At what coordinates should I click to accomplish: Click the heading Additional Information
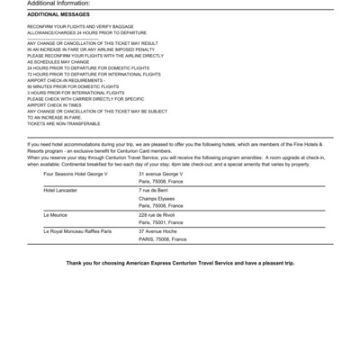pos(54,4)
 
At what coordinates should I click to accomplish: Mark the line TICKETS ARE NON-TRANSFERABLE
pos(65,123)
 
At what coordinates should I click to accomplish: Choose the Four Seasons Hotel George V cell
pos(76,173)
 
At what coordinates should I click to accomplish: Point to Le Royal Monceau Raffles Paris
pos(78,232)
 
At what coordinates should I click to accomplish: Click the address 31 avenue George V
pos(160,173)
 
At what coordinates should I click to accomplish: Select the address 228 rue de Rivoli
pos(157,216)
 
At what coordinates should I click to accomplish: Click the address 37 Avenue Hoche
pos(158,232)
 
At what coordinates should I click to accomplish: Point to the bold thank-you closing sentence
pos(180,262)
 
